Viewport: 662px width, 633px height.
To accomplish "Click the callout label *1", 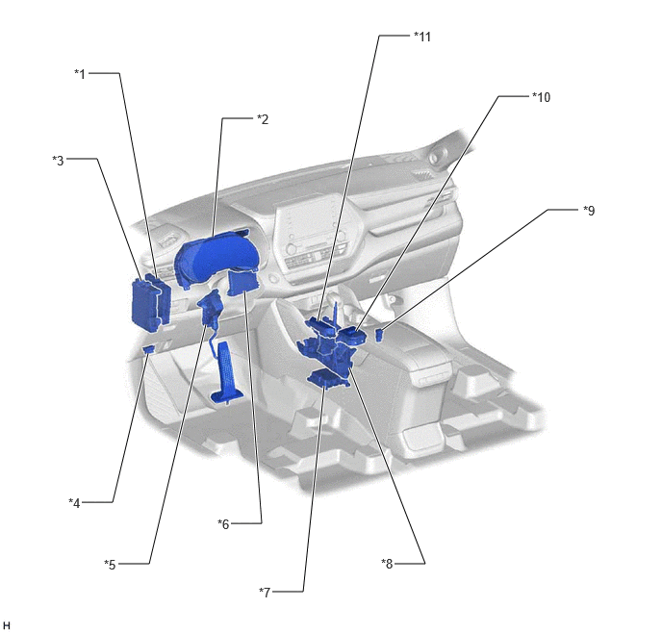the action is (x=80, y=74).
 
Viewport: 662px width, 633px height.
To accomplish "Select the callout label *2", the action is (x=263, y=119).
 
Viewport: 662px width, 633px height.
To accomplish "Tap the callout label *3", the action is (x=58, y=161).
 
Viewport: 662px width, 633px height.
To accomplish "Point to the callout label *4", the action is (x=74, y=503).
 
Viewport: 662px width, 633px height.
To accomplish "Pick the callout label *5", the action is (x=110, y=565).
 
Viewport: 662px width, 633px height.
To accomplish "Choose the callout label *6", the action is (x=223, y=524).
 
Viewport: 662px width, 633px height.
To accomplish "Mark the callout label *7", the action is (x=265, y=593).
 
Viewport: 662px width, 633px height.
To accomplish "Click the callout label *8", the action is (x=387, y=564).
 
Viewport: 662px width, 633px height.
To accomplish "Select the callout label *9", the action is (x=589, y=210).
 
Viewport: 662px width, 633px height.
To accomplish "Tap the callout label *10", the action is (x=542, y=97).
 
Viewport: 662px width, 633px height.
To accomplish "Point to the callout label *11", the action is (x=422, y=37).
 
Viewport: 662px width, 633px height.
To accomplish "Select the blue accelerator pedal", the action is (x=226, y=371).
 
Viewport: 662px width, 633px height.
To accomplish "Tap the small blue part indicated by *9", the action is (x=379, y=335).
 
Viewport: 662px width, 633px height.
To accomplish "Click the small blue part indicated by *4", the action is (x=148, y=349).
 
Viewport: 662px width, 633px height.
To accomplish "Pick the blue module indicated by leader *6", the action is (x=242, y=284).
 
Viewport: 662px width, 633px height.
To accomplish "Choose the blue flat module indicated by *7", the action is (x=327, y=378).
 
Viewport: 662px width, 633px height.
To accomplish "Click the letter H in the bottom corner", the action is (x=7, y=625).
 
